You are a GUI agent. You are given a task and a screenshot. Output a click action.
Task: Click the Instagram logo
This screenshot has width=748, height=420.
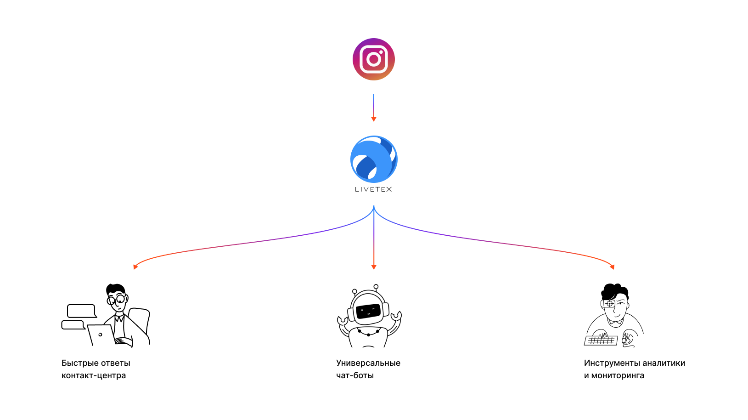374,59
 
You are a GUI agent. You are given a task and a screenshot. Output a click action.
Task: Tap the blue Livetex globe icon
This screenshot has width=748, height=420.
374,159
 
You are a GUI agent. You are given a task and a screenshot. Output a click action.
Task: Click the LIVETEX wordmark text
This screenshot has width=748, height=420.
373,189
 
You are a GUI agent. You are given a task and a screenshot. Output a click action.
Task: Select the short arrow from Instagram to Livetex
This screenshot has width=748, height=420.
374,108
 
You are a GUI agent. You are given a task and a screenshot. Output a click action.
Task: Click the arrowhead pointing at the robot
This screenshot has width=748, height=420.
374,267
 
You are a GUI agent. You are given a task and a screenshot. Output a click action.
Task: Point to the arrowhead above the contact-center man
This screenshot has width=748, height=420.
135,267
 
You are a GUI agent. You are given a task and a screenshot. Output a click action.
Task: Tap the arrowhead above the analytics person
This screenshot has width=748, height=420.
613,267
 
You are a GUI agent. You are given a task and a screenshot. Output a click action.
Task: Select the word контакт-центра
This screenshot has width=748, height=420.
94,375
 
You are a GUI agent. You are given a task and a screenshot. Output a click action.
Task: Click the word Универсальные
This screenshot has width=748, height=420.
368,363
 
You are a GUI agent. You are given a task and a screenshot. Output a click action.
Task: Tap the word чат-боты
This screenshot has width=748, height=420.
354,375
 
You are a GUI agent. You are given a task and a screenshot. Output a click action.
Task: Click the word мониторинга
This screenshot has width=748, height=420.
618,375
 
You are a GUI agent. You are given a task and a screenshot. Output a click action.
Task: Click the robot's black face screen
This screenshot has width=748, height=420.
368,312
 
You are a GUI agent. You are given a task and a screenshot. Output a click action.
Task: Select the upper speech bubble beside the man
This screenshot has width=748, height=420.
82,311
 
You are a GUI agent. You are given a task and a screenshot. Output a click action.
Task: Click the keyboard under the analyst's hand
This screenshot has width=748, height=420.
601,341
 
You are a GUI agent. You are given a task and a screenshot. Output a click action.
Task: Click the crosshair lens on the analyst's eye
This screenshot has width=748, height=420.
609,304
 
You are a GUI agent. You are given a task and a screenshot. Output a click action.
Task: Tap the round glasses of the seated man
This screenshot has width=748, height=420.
117,299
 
